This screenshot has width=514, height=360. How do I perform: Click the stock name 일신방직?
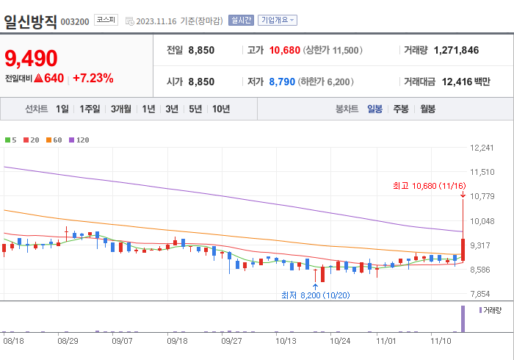(29, 21)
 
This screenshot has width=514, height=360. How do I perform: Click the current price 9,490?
(31, 58)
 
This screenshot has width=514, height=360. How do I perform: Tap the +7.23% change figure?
(93, 77)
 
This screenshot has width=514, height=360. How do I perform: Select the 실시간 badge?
(241, 21)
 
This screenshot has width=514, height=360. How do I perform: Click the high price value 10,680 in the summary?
(285, 50)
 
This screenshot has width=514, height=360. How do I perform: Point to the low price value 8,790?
(281, 82)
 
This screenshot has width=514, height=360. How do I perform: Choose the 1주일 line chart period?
(90, 109)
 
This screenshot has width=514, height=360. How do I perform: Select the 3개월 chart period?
(121, 109)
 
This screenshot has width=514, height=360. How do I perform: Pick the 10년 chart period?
(220, 109)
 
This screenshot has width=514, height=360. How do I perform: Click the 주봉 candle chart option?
(401, 109)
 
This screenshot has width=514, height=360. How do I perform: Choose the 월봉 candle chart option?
(427, 109)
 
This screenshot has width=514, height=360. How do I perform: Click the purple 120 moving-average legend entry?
(79, 140)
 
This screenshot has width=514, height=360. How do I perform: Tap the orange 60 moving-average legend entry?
(54, 140)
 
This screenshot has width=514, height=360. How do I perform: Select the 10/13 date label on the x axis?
(286, 340)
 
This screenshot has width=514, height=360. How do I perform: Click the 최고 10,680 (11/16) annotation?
(429, 186)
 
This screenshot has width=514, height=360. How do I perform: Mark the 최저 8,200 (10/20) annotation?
(315, 295)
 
